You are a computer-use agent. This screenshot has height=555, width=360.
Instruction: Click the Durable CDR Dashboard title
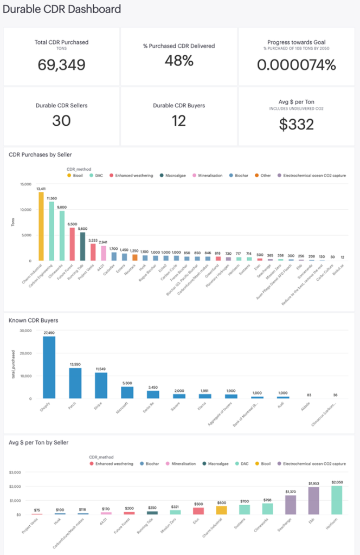pyautogui.click(x=62, y=9)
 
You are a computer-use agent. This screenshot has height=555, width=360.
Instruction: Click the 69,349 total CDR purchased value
pyautogui.click(x=61, y=64)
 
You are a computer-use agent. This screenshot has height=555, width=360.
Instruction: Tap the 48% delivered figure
pyautogui.click(x=178, y=61)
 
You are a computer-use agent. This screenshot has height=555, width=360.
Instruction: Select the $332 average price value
pyautogui.click(x=297, y=124)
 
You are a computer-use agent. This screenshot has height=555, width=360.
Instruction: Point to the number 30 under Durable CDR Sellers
pyautogui.click(x=61, y=120)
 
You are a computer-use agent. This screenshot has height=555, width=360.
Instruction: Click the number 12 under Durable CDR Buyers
pyautogui.click(x=178, y=120)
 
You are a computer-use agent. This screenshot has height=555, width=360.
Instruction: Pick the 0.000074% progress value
pyautogui.click(x=297, y=64)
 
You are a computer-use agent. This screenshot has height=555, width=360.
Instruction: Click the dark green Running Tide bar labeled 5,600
pyautogui.click(x=82, y=247)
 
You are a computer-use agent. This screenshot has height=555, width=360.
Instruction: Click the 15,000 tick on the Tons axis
pyautogui.click(x=25, y=184)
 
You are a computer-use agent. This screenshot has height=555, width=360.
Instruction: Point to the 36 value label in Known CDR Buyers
pyautogui.click(x=335, y=395)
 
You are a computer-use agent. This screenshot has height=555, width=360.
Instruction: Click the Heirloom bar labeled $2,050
pyautogui.click(x=337, y=500)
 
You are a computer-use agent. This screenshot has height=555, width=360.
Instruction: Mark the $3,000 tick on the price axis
pyautogui.click(x=21, y=472)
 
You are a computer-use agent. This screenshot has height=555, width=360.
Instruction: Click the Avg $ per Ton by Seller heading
pyautogui.click(x=38, y=442)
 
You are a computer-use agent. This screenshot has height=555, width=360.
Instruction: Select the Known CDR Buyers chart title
pyautogui.click(x=33, y=320)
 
